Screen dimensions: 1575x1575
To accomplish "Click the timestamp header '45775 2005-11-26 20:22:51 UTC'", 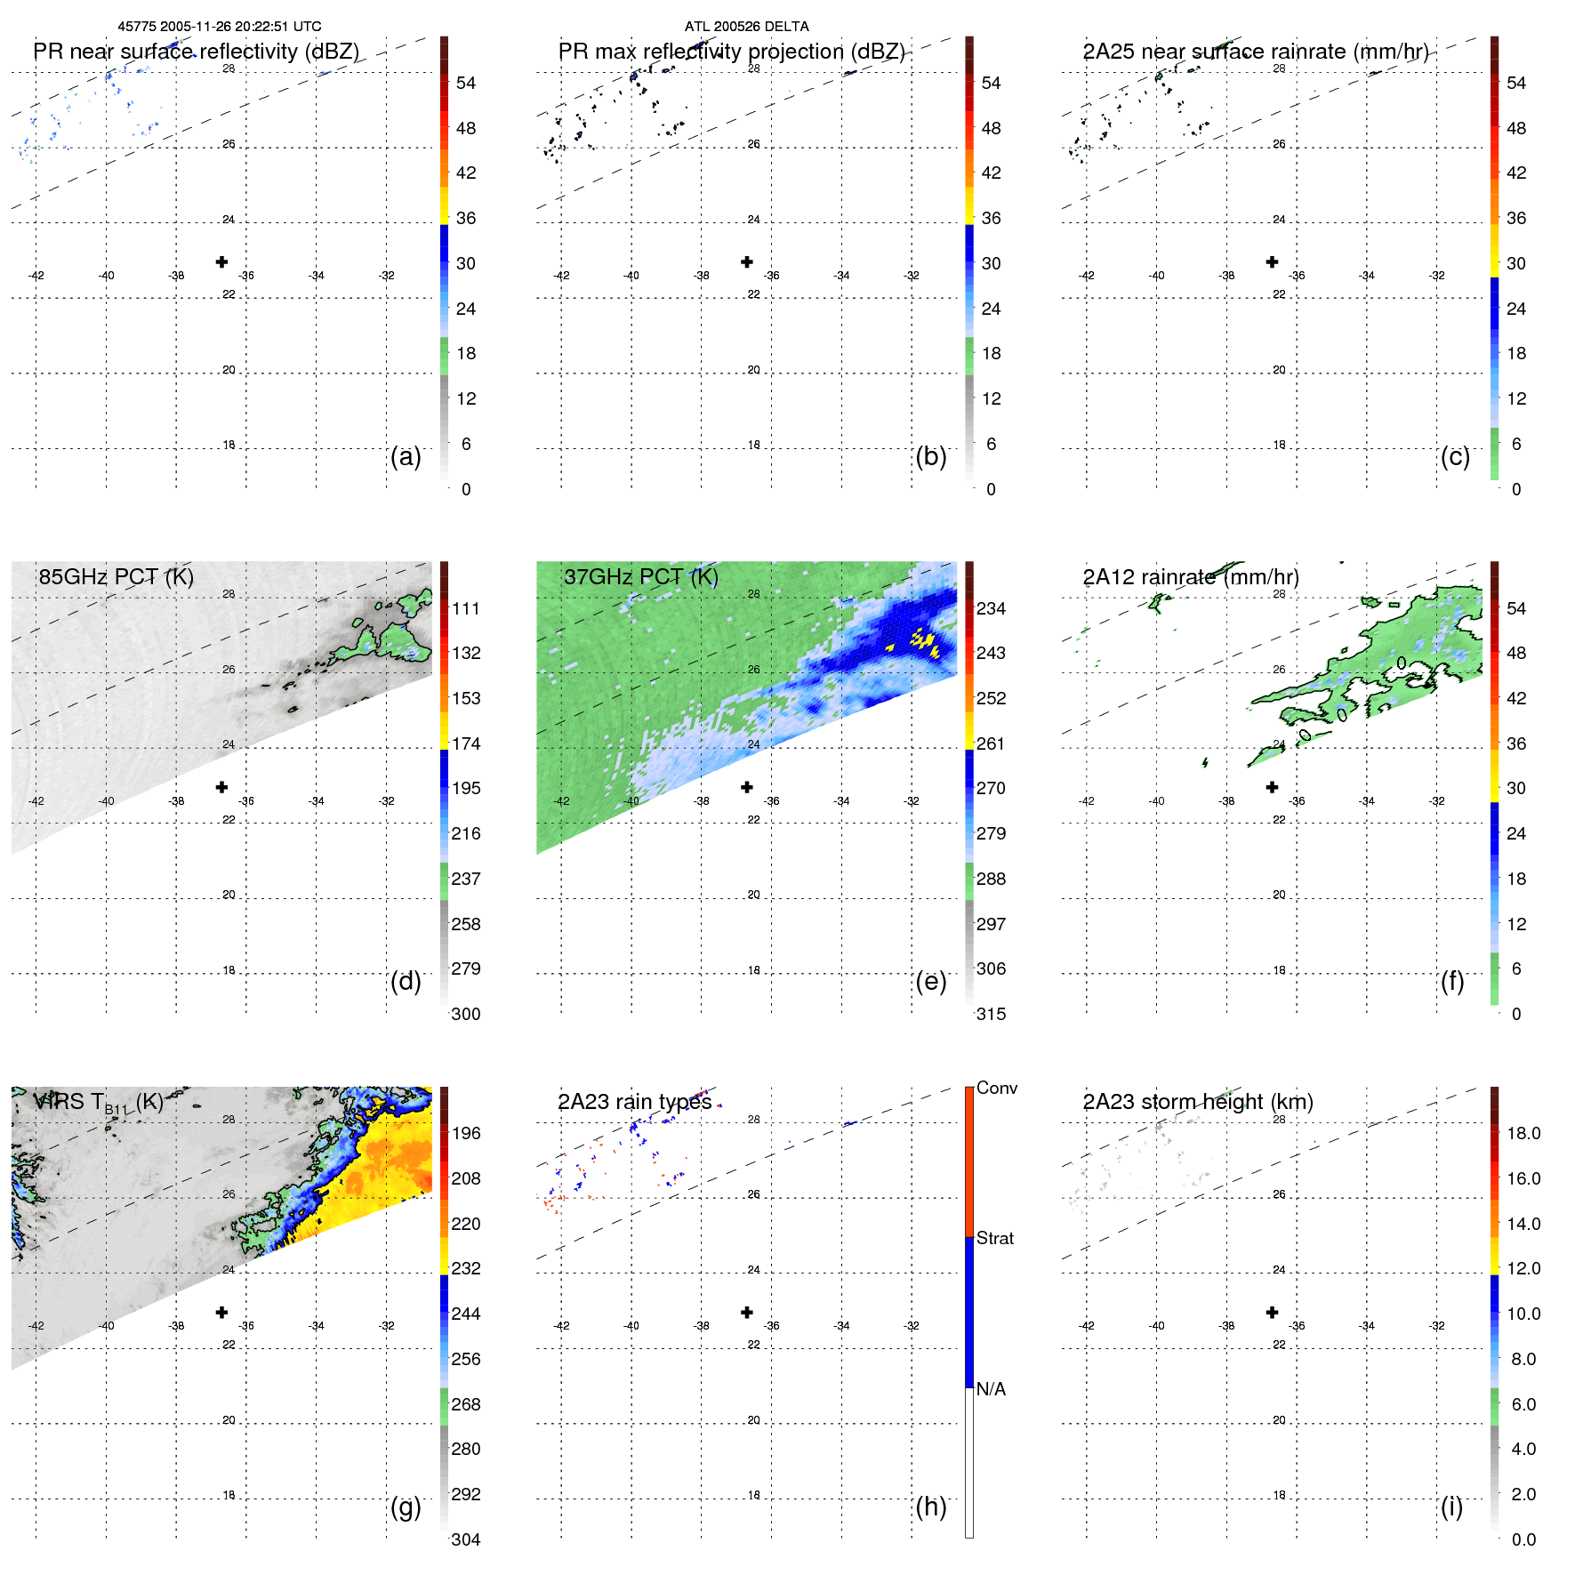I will click(x=220, y=27).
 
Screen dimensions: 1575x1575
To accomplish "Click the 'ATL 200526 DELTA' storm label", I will click(x=746, y=27).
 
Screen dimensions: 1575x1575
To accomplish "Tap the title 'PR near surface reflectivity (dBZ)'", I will click(x=196, y=52).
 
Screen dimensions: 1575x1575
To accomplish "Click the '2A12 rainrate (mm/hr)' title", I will click(x=1190, y=576).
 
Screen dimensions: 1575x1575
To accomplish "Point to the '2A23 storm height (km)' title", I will click(x=1197, y=1102).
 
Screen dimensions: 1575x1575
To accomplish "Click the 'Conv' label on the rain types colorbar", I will click(x=996, y=1088).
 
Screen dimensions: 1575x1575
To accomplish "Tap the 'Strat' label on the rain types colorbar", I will click(x=994, y=1238).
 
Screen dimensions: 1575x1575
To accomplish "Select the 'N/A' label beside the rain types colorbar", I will click(x=991, y=1389).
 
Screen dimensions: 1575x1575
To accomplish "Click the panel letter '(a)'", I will click(x=406, y=456).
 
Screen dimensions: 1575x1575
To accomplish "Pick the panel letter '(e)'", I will click(x=930, y=981).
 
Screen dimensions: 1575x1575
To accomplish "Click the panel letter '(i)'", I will click(x=1451, y=1507).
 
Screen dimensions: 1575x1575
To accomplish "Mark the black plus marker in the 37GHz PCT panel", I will click(x=747, y=787).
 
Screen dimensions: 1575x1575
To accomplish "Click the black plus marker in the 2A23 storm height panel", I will click(x=1272, y=1312).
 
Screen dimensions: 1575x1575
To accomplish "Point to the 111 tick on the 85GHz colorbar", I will click(x=465, y=608).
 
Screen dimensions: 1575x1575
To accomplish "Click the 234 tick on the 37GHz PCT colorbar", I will click(x=990, y=608).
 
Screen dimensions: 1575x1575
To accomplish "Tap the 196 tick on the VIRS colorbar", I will click(x=465, y=1133).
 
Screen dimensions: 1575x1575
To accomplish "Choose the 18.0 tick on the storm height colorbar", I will click(x=1523, y=1133).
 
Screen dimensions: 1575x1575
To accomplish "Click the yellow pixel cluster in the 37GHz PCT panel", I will click(x=923, y=641).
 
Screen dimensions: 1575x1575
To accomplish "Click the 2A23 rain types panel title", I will click(x=634, y=1102).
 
